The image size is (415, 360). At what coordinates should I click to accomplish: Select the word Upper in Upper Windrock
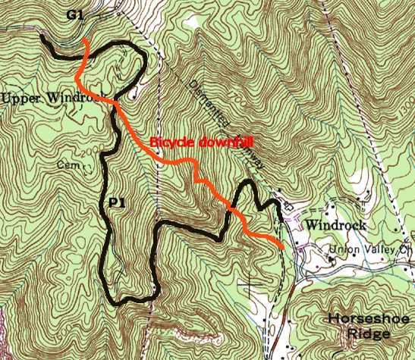pyautogui.click(x=21, y=99)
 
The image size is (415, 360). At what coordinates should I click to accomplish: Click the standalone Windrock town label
pyautogui.click(x=336, y=225)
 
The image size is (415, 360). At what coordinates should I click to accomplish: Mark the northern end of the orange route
pyautogui.click(x=87, y=39)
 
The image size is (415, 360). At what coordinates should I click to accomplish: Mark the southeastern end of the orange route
pyautogui.click(x=283, y=247)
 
